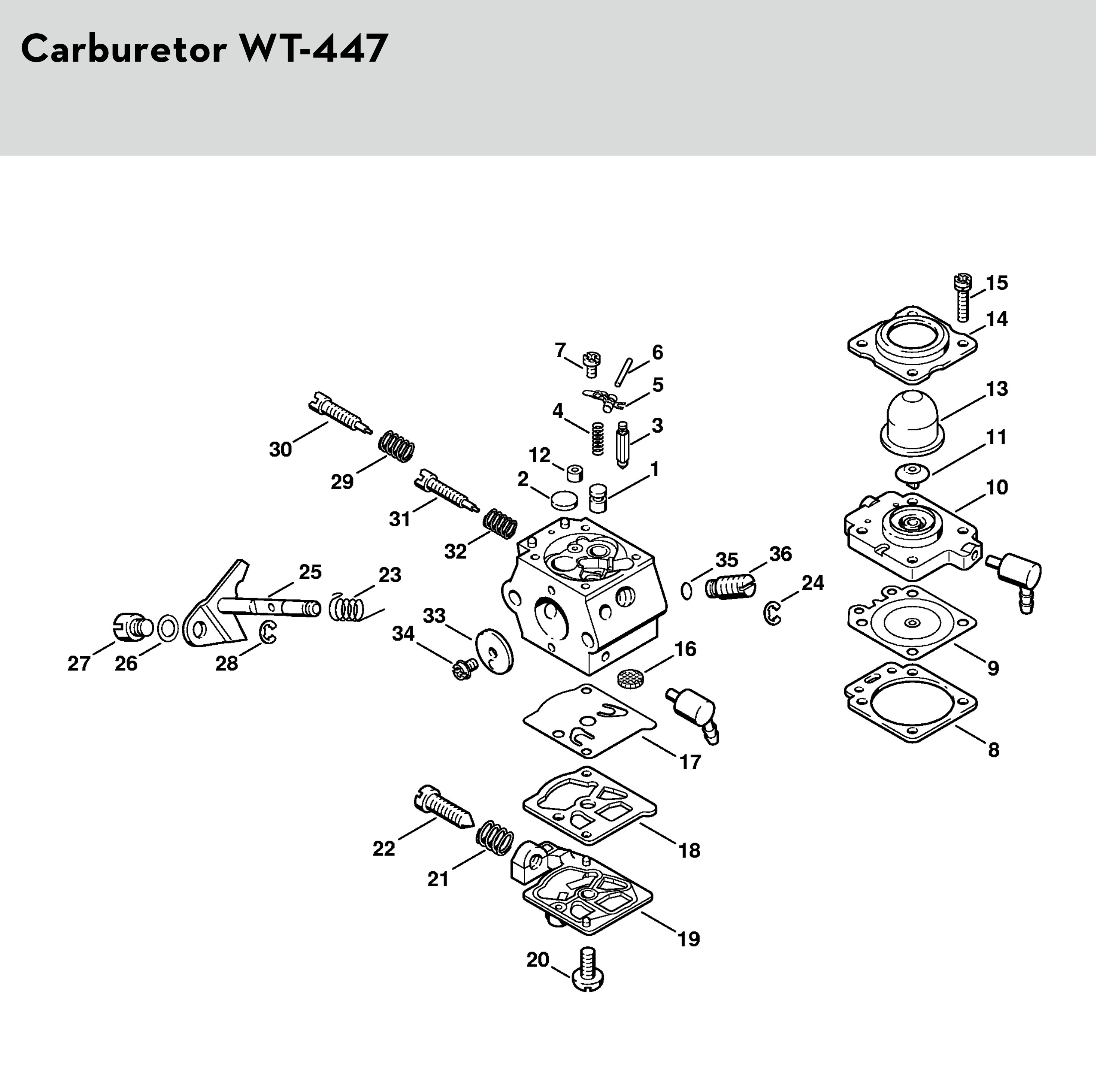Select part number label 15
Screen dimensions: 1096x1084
point(997,283)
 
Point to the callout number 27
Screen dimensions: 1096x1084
point(79,663)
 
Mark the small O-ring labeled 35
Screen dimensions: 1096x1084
point(686,591)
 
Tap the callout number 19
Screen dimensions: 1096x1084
point(689,939)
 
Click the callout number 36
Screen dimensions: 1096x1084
point(780,554)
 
